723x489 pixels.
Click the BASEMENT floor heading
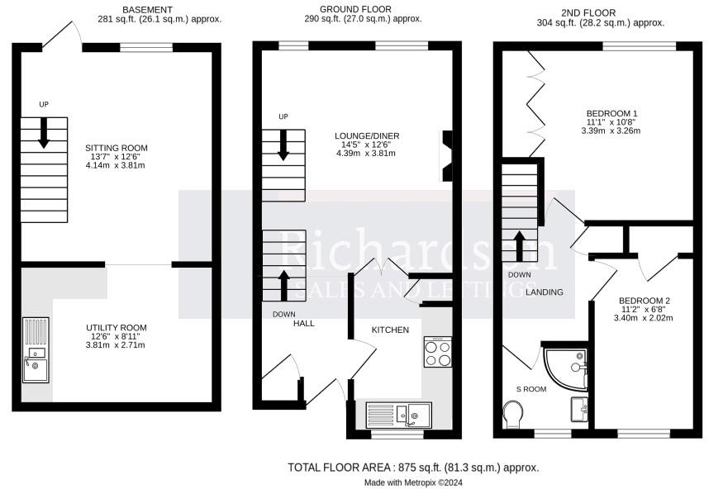click(150, 9)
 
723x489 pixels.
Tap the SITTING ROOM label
click(117, 149)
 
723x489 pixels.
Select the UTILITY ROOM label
click(117, 328)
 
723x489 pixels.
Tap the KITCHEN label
click(390, 330)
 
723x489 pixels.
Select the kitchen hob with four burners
click(437, 353)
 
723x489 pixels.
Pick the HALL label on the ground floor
click(303, 323)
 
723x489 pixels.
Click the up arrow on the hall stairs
click(283, 284)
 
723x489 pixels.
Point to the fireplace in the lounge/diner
click(447, 154)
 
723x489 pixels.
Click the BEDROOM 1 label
click(612, 113)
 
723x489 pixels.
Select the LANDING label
click(545, 292)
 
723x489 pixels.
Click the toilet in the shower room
click(512, 413)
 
